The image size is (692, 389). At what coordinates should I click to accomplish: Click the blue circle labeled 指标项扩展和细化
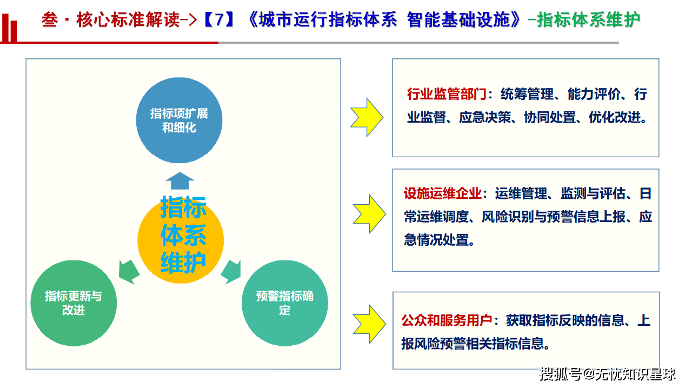click(179, 120)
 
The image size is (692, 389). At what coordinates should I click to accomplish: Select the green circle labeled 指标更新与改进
click(74, 303)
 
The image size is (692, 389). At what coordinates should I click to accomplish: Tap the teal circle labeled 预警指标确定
click(285, 303)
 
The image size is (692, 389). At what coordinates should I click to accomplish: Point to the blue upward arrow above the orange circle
click(179, 180)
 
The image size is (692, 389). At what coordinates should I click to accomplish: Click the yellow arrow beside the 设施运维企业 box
click(369, 213)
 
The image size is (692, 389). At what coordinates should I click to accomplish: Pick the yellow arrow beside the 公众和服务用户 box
click(369, 324)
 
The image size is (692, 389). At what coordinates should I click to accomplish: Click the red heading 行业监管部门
click(447, 95)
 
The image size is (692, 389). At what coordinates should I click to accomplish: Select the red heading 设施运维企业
click(443, 193)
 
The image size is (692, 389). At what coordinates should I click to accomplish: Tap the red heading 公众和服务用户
click(447, 320)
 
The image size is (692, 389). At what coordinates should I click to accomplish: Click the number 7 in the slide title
click(218, 21)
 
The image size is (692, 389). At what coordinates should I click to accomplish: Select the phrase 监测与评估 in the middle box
click(593, 193)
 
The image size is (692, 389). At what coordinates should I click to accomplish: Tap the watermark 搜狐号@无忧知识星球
click(608, 374)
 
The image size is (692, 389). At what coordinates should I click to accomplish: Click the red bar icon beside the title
click(10, 27)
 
